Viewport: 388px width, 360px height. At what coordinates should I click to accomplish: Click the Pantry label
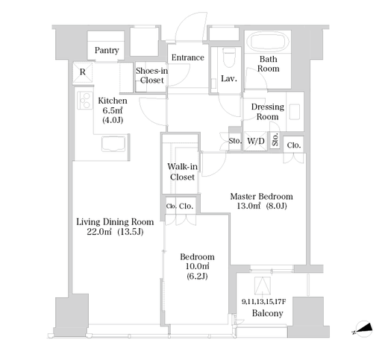(107, 51)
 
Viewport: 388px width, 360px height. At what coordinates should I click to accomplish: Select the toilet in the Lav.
(229, 57)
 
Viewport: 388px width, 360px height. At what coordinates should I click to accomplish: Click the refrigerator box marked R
(83, 72)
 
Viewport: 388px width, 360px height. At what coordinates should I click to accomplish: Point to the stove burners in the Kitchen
(84, 100)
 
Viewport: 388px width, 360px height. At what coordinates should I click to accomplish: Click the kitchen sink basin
(113, 144)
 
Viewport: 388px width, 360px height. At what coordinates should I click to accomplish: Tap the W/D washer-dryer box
(256, 141)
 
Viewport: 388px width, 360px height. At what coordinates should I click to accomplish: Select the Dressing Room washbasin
(295, 112)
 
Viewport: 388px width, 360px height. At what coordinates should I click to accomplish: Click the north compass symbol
(363, 329)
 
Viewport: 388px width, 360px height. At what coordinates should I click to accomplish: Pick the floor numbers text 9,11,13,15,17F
(263, 302)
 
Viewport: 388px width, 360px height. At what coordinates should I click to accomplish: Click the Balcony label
(267, 313)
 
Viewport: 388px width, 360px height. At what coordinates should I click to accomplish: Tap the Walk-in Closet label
(182, 171)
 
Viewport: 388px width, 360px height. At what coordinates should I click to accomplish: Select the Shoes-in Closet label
(151, 75)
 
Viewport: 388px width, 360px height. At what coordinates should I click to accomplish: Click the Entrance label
(188, 57)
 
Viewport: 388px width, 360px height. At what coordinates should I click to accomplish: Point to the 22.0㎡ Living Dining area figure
(99, 232)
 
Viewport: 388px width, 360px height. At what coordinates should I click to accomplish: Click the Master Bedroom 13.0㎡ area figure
(248, 206)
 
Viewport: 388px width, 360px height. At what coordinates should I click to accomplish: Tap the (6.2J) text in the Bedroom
(197, 276)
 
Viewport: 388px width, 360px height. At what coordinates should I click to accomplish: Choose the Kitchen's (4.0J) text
(113, 120)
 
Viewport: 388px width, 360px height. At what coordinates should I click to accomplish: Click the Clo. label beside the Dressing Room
(294, 145)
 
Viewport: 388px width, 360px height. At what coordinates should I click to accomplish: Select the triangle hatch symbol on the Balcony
(263, 285)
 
